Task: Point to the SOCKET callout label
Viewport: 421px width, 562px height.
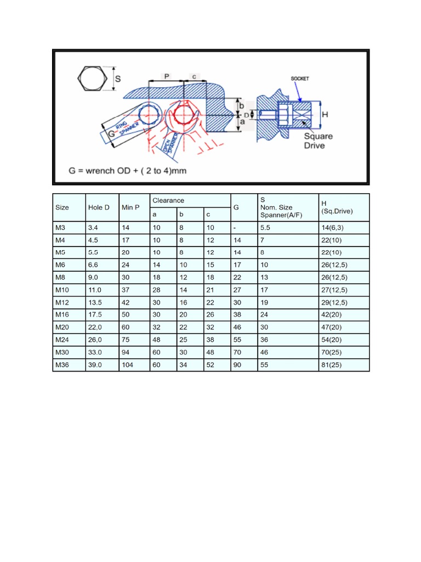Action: pyautogui.click(x=299, y=78)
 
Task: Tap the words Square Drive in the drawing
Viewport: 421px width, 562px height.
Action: pyautogui.click(x=318, y=140)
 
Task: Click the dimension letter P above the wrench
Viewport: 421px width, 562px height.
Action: pyautogui.click(x=166, y=76)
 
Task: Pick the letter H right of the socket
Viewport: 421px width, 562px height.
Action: pyautogui.click(x=325, y=115)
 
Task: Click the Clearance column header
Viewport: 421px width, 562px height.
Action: pyautogui.click(x=168, y=201)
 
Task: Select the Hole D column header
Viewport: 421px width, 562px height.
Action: pyautogui.click(x=99, y=207)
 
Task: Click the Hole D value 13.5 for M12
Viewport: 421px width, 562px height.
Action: pyautogui.click(x=95, y=302)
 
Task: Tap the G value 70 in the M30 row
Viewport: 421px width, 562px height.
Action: pyautogui.click(x=237, y=352)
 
